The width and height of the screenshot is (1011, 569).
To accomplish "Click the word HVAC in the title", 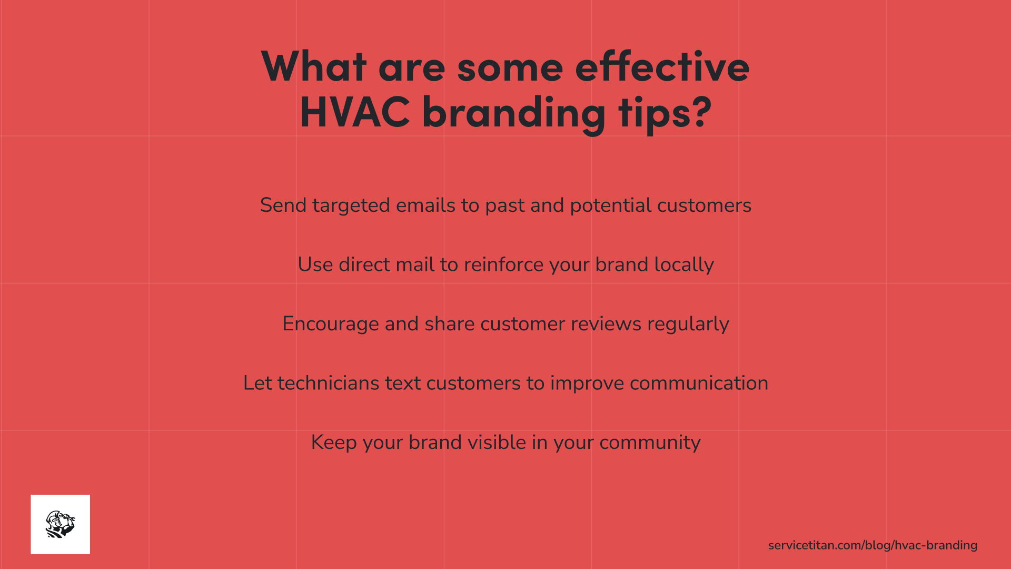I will pyautogui.click(x=354, y=112).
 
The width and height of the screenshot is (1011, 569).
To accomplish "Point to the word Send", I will pyautogui.click(x=283, y=205).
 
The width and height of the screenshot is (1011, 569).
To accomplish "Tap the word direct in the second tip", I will pyautogui.click(x=364, y=264).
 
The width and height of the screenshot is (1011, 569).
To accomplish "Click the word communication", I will pyautogui.click(x=699, y=383).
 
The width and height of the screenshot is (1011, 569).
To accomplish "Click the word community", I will pyautogui.click(x=650, y=443).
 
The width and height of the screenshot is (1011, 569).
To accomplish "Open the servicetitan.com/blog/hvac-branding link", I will pyautogui.click(x=873, y=545).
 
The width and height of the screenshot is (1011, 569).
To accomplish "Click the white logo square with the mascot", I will pyautogui.click(x=61, y=524).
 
